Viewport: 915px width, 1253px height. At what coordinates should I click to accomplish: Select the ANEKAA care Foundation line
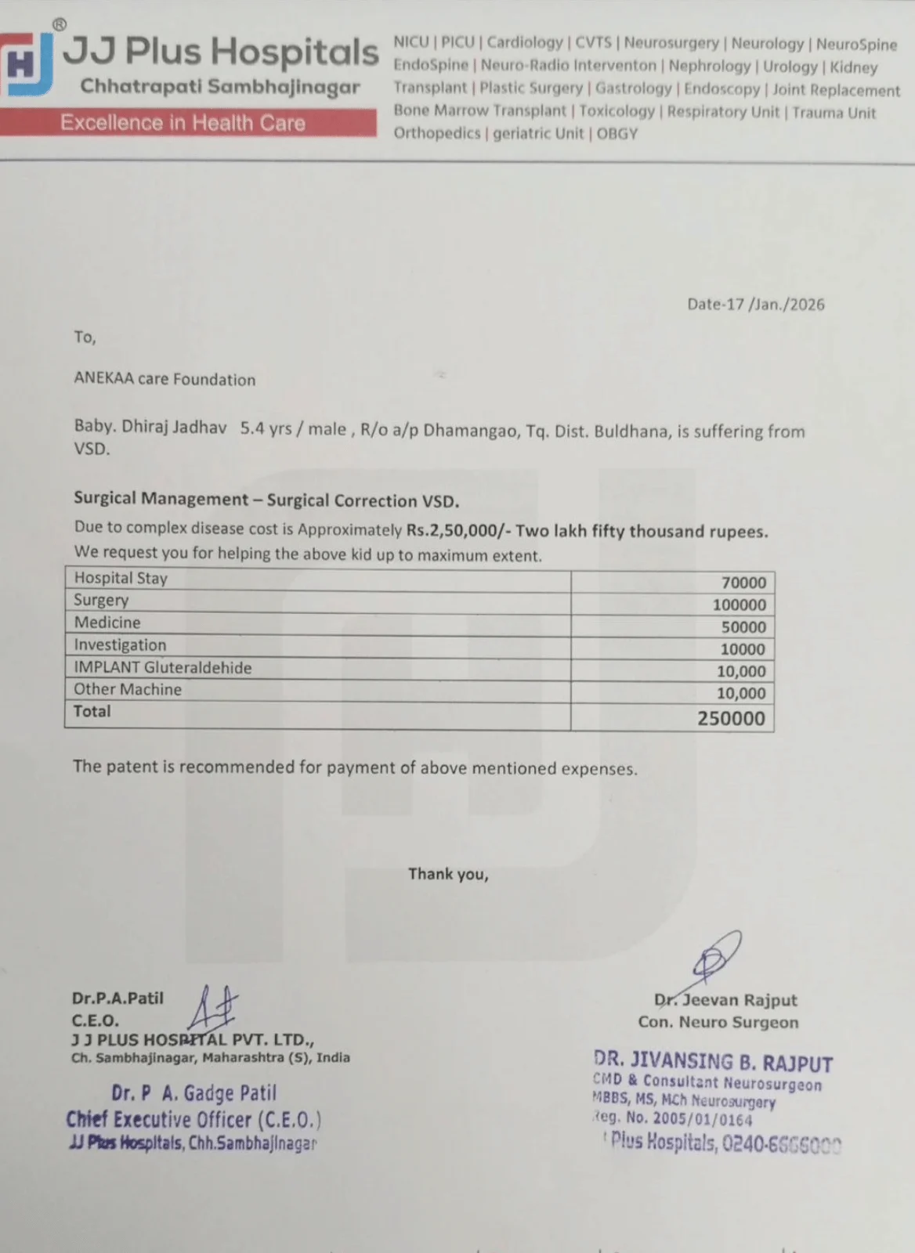(x=165, y=380)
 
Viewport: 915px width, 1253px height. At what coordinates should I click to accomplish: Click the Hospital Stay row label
(x=121, y=579)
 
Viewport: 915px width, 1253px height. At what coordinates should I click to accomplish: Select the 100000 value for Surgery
(x=739, y=605)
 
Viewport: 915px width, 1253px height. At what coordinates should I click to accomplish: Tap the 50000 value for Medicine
(x=743, y=626)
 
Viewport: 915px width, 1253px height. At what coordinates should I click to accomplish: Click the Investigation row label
(x=120, y=645)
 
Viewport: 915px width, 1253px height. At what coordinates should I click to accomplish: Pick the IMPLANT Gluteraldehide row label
(x=163, y=668)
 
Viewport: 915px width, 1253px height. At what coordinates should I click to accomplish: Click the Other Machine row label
(x=128, y=690)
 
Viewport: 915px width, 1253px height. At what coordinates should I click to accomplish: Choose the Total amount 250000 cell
(x=731, y=718)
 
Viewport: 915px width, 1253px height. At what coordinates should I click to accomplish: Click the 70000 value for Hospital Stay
(x=743, y=583)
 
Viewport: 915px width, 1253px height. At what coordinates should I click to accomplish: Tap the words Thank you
(x=448, y=874)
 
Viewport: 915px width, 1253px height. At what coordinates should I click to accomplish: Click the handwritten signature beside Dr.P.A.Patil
(x=212, y=1008)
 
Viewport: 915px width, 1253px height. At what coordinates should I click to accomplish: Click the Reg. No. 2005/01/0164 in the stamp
(x=675, y=1120)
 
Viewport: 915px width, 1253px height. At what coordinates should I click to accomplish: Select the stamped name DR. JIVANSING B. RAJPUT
(x=713, y=1062)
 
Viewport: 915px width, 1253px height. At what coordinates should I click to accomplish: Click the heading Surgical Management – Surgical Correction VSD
(x=266, y=500)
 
